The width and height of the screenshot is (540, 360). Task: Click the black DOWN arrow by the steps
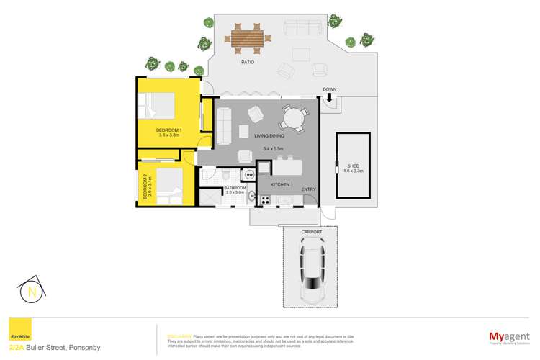tap(329, 99)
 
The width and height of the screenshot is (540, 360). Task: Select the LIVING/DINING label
tap(271, 136)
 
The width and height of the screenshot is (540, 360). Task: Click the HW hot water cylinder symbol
tap(249, 175)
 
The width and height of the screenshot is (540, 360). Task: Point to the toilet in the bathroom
tap(225, 175)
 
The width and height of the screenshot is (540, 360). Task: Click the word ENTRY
tap(308, 189)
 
